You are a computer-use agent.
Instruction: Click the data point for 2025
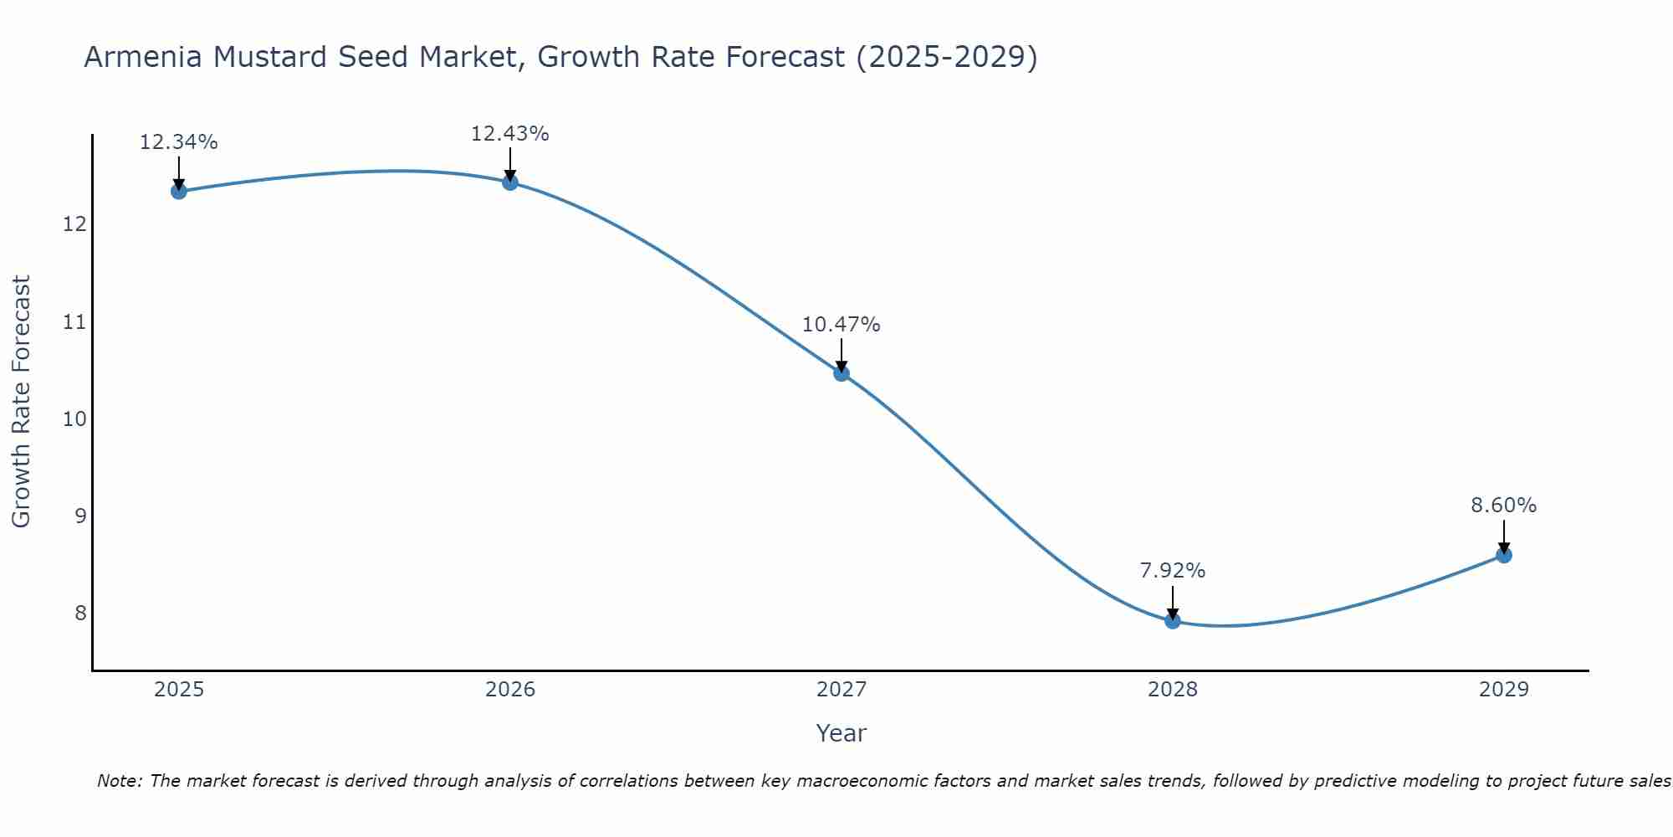click(x=178, y=191)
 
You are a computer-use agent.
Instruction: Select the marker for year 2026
click(x=510, y=182)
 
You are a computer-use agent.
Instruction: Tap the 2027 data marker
click(x=842, y=372)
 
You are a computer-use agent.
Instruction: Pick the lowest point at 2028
click(x=1173, y=620)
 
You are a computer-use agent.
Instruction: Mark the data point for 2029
click(x=1503, y=555)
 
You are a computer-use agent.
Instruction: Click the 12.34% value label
click(x=178, y=142)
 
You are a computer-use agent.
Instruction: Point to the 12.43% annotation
click(x=510, y=134)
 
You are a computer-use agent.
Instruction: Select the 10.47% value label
click(x=842, y=325)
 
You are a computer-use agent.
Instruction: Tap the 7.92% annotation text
click(x=1173, y=571)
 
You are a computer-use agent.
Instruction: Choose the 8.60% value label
click(x=1503, y=506)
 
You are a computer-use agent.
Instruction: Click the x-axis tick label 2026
click(x=510, y=690)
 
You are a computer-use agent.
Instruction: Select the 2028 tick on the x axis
click(x=1173, y=690)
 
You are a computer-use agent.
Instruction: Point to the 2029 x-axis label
click(x=1503, y=690)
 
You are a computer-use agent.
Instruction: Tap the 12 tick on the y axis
click(x=74, y=224)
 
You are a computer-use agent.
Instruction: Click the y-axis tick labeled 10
click(x=74, y=418)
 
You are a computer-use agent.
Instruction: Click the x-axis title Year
click(x=841, y=733)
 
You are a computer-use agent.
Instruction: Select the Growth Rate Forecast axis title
click(x=22, y=402)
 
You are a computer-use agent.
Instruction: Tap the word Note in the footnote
click(x=119, y=781)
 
